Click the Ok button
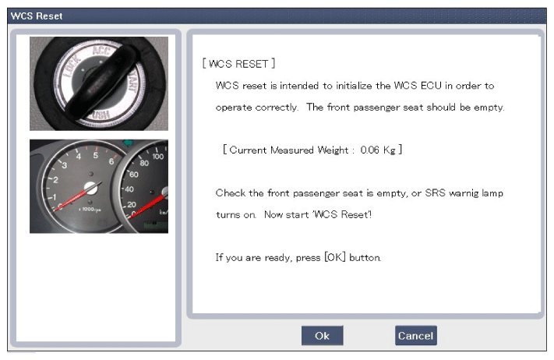(322, 335)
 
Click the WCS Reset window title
(37, 16)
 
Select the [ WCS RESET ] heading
(238, 64)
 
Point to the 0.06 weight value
(369, 150)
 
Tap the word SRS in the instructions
(435, 193)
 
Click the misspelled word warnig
(464, 193)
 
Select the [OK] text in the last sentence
(335, 257)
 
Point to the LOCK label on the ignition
(72, 66)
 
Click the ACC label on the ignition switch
(101, 51)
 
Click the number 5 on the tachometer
(95, 155)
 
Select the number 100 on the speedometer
(158, 156)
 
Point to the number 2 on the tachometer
(55, 180)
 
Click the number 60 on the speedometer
(134, 175)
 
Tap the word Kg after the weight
(389, 150)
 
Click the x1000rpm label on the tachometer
(90, 210)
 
